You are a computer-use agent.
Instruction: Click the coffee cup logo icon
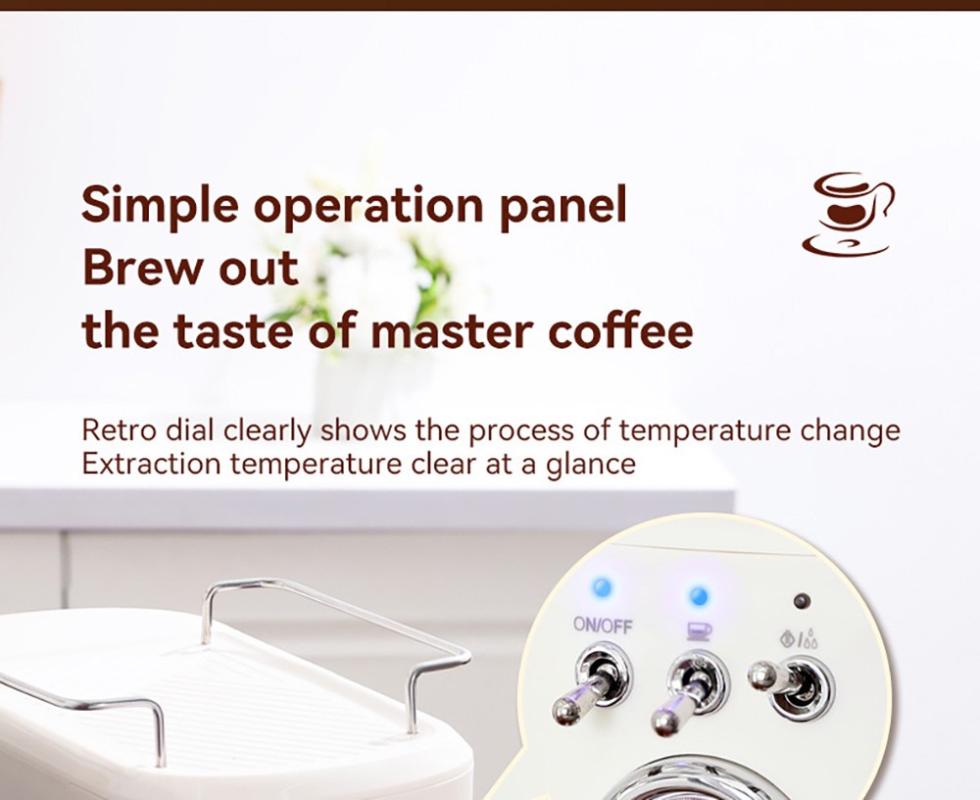(847, 214)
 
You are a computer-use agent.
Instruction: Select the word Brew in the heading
(143, 268)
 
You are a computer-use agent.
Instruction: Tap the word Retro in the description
(116, 430)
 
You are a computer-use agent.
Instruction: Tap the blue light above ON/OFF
(602, 587)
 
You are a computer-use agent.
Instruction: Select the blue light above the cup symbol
(698, 595)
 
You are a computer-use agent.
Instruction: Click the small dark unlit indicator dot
(802, 600)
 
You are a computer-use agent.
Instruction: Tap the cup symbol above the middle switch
(698, 630)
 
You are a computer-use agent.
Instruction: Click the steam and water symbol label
(799, 640)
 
